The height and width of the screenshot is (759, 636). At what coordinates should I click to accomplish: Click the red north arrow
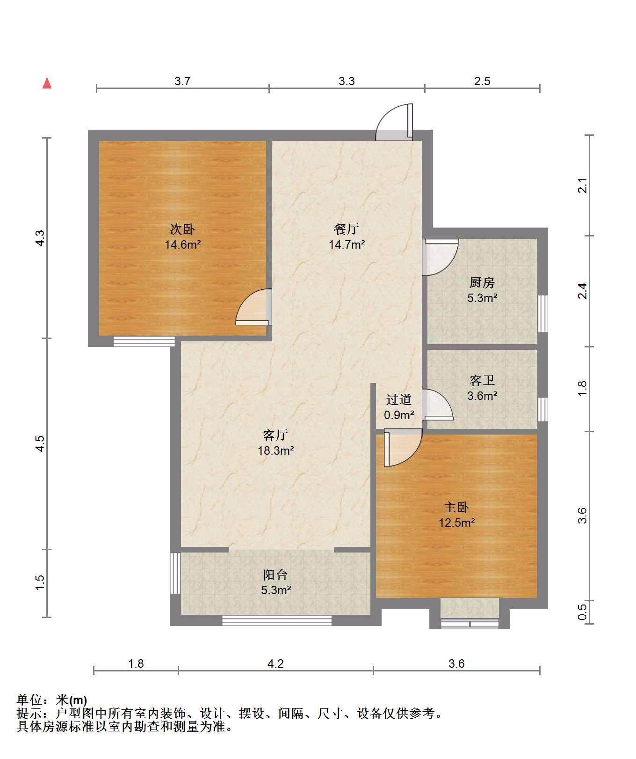click(x=47, y=83)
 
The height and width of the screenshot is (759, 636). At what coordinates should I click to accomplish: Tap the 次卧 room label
click(x=182, y=229)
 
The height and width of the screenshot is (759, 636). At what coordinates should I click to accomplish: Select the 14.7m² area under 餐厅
click(x=347, y=244)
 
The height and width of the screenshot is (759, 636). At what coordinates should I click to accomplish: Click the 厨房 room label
click(x=482, y=282)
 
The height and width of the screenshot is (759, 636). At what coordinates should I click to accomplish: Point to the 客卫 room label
click(x=482, y=380)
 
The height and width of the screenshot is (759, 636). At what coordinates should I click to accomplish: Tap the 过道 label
click(x=399, y=399)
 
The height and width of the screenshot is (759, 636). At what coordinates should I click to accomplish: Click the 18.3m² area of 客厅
click(x=276, y=450)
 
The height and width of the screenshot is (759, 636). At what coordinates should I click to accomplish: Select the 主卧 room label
click(x=456, y=507)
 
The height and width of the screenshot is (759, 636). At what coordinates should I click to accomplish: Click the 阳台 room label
click(x=275, y=575)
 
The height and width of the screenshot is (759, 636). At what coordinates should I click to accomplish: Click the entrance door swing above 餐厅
click(x=395, y=122)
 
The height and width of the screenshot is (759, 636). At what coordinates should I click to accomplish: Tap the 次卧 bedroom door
click(x=253, y=307)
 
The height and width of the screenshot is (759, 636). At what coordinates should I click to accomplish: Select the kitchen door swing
click(x=441, y=257)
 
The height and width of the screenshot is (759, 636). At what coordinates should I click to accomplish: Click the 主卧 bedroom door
click(x=403, y=448)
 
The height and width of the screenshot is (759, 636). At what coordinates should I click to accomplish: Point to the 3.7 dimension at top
click(x=182, y=81)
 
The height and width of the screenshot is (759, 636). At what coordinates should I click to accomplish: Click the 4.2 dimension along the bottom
click(x=275, y=663)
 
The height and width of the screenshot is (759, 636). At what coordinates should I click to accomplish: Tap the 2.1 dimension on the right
click(x=582, y=186)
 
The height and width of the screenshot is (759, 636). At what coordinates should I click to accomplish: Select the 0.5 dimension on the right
click(x=582, y=612)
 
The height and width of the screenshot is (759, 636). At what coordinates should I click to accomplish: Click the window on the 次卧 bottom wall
click(x=144, y=341)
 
